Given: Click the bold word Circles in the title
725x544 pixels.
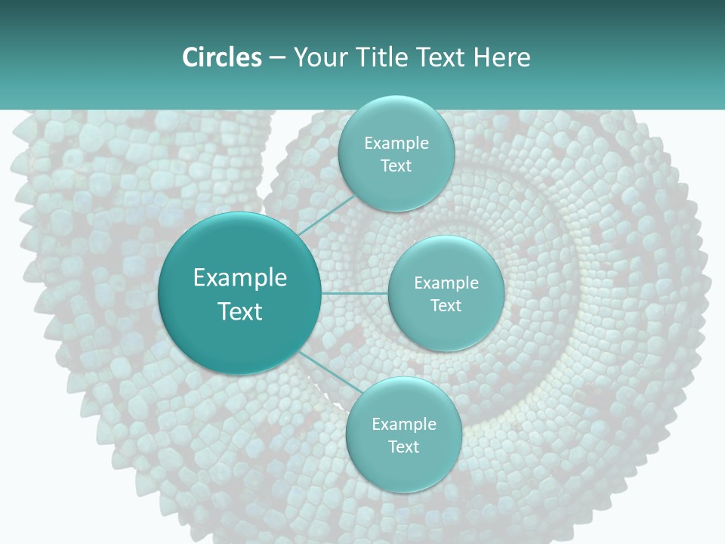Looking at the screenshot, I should [221, 57].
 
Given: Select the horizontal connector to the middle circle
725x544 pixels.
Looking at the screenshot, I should [355, 293].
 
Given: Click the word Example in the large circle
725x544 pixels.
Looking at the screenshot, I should [240, 278].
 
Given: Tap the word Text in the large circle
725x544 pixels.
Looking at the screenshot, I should [240, 311].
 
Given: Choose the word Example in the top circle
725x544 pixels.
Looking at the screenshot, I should [396, 144].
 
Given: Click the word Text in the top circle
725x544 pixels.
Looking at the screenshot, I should [396, 166].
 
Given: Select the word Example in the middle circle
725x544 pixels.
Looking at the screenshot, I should [446, 283].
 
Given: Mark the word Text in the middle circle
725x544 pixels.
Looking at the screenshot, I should [446, 306].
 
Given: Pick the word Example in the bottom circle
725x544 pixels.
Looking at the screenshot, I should [403, 425].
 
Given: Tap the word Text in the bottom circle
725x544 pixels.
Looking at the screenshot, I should [403, 447].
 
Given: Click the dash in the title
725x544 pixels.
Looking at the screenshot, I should [276, 58].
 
